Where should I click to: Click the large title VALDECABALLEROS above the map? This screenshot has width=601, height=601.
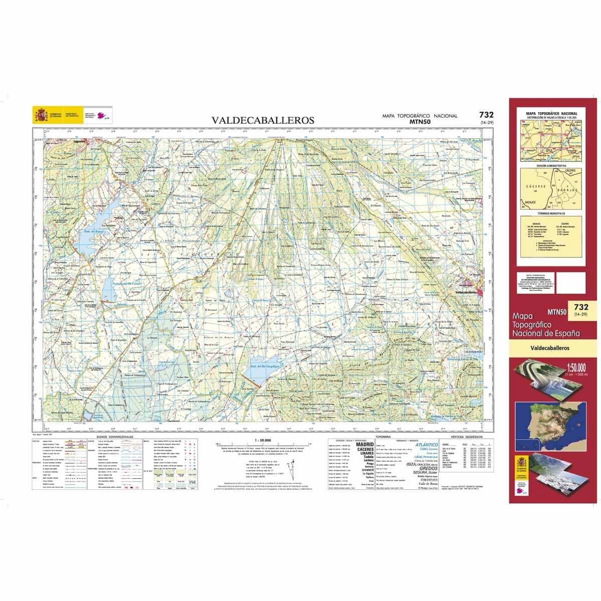click(x=263, y=120)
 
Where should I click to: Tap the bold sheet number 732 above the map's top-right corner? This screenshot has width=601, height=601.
click(x=486, y=115)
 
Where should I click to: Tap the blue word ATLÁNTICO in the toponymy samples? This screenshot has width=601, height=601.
click(x=426, y=444)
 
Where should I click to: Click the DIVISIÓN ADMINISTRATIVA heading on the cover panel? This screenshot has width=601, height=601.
click(x=551, y=165)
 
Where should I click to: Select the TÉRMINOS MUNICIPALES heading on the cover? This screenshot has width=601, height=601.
click(x=551, y=213)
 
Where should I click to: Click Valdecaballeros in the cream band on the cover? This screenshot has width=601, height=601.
click(x=551, y=348)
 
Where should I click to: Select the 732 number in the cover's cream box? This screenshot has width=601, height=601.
click(x=581, y=307)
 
